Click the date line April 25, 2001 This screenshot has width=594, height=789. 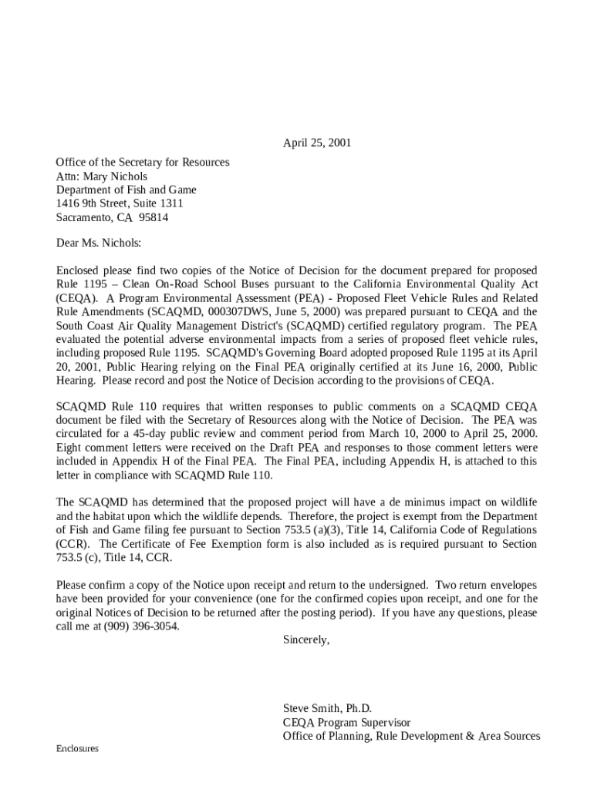coord(317,143)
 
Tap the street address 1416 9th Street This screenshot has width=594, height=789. coord(103,204)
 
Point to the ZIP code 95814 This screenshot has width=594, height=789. coord(154,218)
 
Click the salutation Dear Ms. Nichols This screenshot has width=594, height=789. coord(99,243)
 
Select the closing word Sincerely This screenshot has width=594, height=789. coord(306,640)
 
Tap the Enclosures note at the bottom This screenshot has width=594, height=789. coord(77,749)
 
